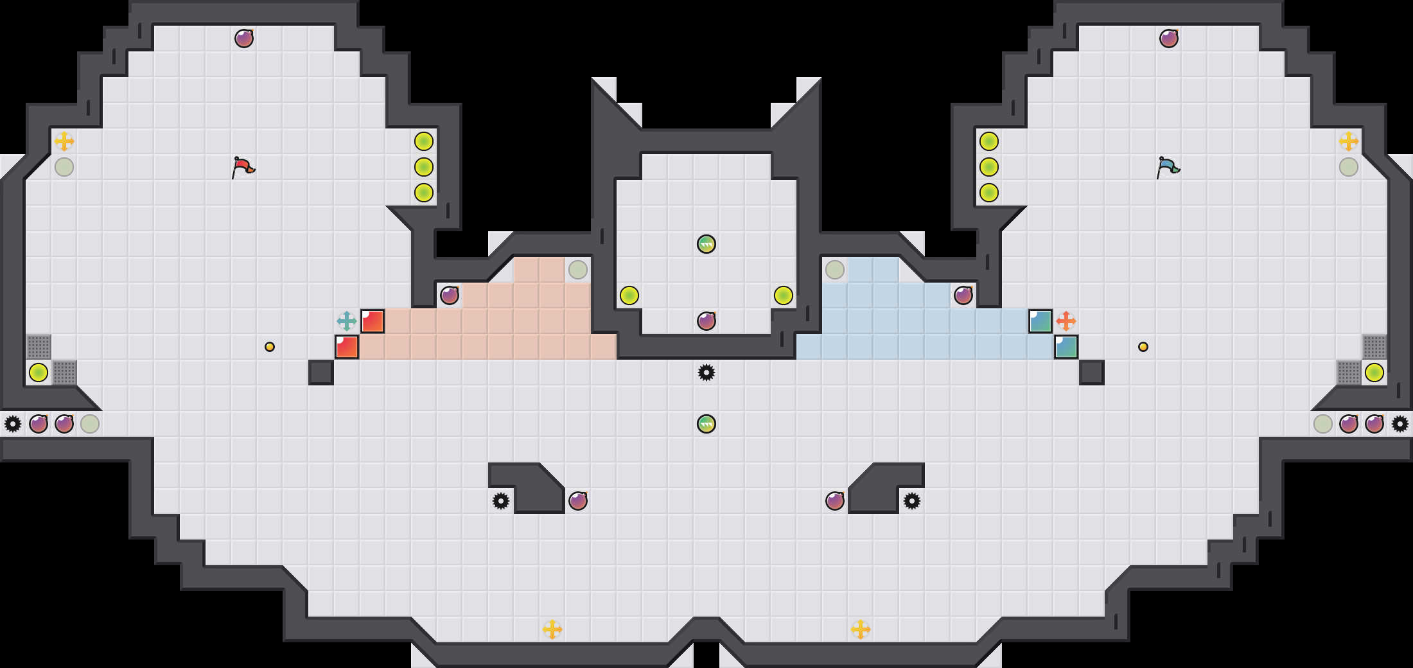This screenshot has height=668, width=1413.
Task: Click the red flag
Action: [x=243, y=167]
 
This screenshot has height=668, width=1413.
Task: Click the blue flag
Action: [x=1168, y=167]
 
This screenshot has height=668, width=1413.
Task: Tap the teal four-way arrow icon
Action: [x=347, y=321]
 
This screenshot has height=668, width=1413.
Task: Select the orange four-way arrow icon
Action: [x=1066, y=321]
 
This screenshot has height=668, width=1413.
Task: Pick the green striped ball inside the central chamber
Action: [x=706, y=244]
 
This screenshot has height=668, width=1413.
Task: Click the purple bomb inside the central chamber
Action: [x=706, y=321]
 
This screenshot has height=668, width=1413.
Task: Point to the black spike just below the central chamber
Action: [x=706, y=373]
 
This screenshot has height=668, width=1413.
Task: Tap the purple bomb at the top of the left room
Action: [x=244, y=39]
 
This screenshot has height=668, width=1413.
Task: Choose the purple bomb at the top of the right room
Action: [x=1169, y=39]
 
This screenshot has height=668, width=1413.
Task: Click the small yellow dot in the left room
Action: [x=270, y=347]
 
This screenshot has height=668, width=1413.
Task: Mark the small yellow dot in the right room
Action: [x=1143, y=347]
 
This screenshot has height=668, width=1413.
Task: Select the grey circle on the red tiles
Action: [x=578, y=270]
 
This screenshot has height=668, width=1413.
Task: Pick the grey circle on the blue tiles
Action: [x=835, y=270]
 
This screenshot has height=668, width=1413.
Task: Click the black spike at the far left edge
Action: [x=13, y=424]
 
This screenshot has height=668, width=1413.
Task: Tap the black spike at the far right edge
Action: [x=1400, y=424]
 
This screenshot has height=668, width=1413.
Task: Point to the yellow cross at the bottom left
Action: [x=552, y=629]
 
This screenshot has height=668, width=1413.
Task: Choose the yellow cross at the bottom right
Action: [x=861, y=629]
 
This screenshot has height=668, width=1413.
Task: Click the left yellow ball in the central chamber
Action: [x=629, y=295]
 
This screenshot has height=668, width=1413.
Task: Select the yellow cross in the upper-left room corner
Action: [x=64, y=141]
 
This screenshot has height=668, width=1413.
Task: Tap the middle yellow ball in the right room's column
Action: [x=989, y=167]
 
